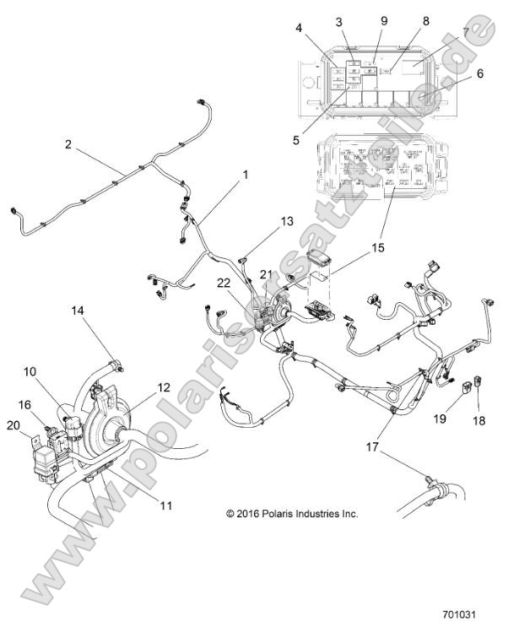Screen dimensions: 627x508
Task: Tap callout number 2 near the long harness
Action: (x=68, y=144)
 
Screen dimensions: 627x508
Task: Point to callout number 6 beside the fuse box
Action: (x=480, y=73)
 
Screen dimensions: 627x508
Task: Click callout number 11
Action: (x=165, y=505)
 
